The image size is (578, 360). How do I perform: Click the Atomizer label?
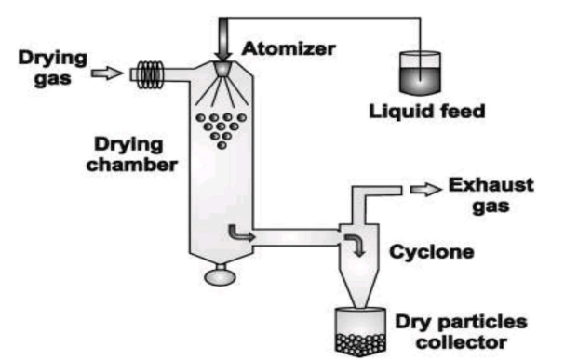click(289, 48)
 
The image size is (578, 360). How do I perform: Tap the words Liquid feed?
click(427, 112)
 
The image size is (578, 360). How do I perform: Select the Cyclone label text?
click(432, 252)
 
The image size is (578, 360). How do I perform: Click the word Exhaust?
click(491, 185)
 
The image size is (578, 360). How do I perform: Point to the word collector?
click(462, 342)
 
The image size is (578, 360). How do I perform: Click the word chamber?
click(132, 165)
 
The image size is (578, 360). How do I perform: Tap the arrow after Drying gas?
click(107, 73)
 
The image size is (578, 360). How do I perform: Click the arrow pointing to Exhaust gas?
click(426, 190)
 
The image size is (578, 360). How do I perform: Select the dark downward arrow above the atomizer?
click(223, 39)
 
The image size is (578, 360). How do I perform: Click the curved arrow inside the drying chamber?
click(240, 233)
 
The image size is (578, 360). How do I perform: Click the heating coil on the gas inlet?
click(150, 74)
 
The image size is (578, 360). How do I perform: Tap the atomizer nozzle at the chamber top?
click(222, 69)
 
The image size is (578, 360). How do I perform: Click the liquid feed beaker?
click(420, 73)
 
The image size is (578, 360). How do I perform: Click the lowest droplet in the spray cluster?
click(222, 145)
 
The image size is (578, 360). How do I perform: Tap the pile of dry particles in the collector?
click(360, 345)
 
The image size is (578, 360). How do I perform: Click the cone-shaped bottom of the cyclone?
click(359, 287)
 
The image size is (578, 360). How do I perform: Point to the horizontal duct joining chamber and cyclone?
click(296, 237)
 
